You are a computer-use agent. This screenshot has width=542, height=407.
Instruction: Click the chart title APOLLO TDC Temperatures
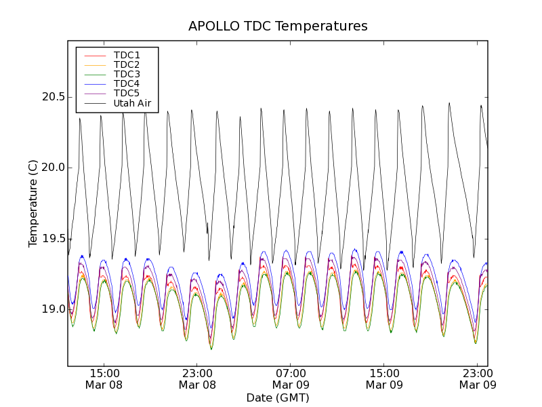[x=278, y=26]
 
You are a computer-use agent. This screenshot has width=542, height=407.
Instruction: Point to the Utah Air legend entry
[x=132, y=104]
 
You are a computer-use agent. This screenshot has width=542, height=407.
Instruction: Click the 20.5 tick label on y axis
[x=52, y=97]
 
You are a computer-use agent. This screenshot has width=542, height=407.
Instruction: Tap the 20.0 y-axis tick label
[x=52, y=168]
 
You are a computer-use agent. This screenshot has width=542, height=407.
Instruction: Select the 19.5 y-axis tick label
[x=52, y=239]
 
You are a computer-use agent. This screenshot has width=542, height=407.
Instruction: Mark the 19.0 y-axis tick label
[x=52, y=309]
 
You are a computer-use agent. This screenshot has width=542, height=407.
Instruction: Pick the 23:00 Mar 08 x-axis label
[x=197, y=379]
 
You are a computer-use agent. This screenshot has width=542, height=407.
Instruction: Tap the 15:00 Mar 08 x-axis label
[x=104, y=379]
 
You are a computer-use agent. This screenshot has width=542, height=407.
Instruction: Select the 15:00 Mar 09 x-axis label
[x=384, y=379]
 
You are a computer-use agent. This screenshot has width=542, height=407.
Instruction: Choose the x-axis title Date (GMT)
[x=278, y=398]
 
